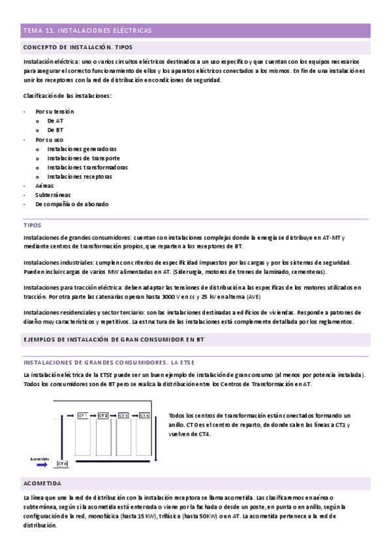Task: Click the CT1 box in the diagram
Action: coord(83,415)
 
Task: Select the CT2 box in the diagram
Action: coord(103,415)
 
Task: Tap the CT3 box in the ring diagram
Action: coord(123,415)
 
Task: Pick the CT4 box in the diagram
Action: coord(144,415)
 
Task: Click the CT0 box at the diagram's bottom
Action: coord(62,464)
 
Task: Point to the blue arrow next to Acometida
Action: coord(41,465)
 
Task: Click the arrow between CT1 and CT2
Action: coord(93,415)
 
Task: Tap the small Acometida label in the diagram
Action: coord(40,458)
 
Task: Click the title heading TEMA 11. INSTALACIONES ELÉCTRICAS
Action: coord(87,31)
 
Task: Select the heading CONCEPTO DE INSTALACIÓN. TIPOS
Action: coord(78,48)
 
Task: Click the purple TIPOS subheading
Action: coord(32,225)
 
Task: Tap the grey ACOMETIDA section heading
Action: coord(42,483)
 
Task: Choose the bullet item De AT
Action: coord(55,121)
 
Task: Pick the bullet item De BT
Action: coord(55,130)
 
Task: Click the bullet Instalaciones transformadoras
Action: coord(87,167)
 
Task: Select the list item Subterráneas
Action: coord(53,194)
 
